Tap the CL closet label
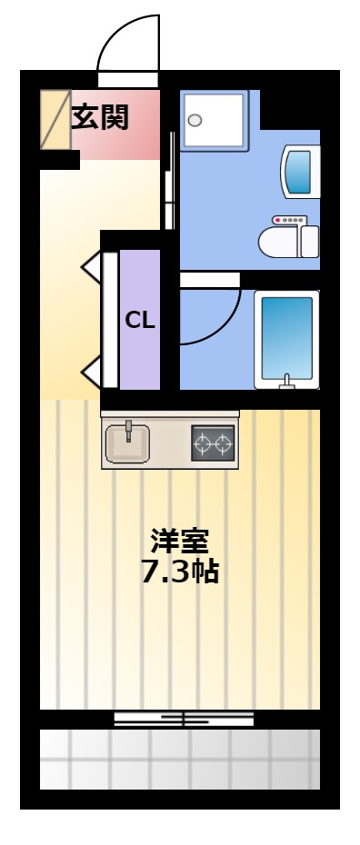[x=140, y=321]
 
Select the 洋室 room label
[x=179, y=542]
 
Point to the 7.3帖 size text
[x=179, y=572]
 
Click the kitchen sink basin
[x=127, y=443]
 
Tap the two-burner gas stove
[x=214, y=443]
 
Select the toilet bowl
[x=288, y=242]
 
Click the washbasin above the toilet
[x=300, y=172]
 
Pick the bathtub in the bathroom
[x=286, y=340]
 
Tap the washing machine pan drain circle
[x=195, y=120]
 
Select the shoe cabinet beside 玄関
[x=55, y=120]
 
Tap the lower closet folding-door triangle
[x=91, y=372]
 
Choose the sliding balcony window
[x=184, y=719]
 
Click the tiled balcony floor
[x=180, y=760]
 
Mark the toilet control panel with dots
[x=289, y=220]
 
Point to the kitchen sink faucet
[x=129, y=431]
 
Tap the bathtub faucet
[x=286, y=381]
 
